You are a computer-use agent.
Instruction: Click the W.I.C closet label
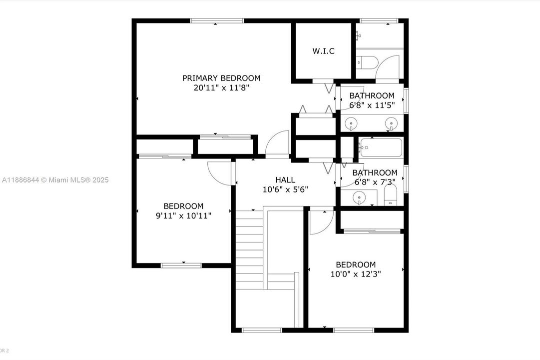[x=323, y=51]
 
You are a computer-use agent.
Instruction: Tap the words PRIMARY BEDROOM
[x=221, y=78]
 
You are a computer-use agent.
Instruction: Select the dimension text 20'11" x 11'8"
[x=221, y=87]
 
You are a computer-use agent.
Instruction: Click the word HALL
[x=285, y=180]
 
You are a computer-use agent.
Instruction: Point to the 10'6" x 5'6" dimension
[x=285, y=189]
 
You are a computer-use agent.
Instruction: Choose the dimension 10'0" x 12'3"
[x=356, y=274]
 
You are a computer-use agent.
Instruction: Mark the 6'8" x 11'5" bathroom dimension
[x=372, y=105]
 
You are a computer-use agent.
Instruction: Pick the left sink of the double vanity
[x=353, y=122]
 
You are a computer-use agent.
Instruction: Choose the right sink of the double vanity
[x=392, y=122]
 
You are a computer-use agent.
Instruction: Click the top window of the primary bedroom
[x=217, y=21]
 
